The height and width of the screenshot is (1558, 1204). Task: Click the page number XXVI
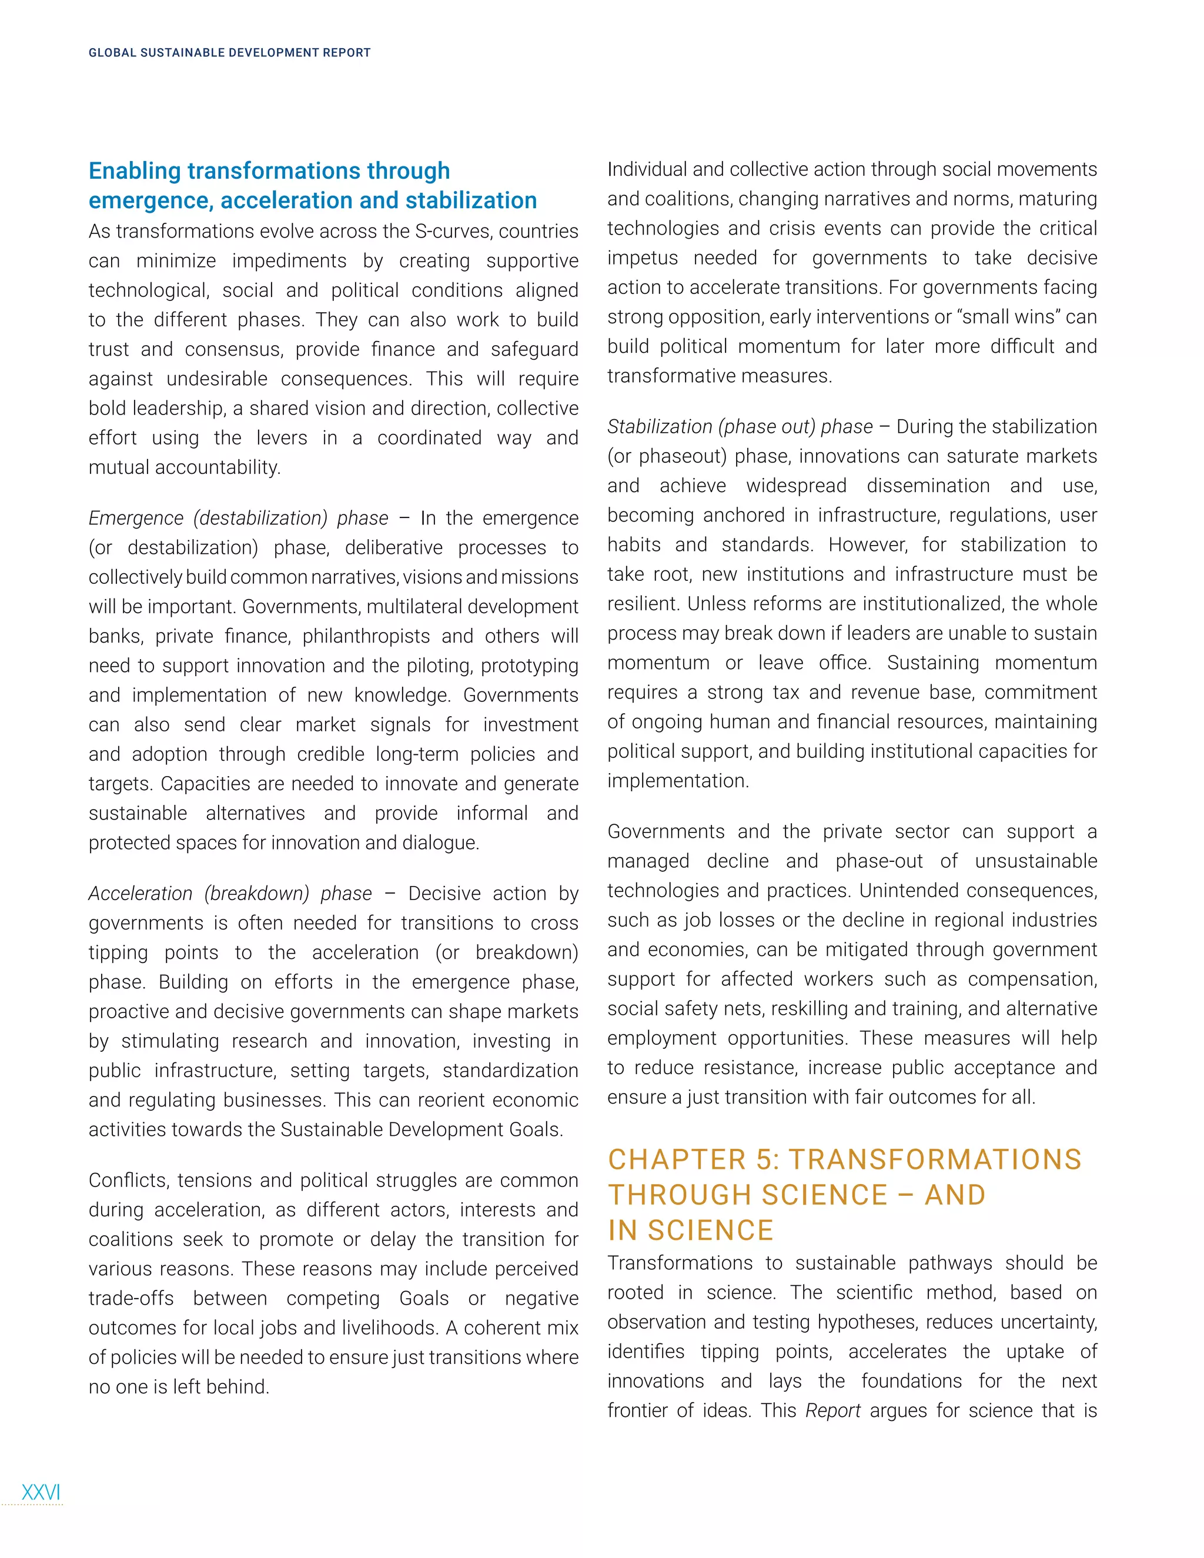[x=41, y=1492]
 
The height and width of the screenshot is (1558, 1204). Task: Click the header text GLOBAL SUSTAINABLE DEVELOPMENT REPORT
[x=229, y=53]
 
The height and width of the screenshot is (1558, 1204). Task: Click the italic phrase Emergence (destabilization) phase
[x=238, y=518]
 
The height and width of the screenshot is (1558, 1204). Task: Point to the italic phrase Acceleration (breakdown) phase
[x=230, y=894]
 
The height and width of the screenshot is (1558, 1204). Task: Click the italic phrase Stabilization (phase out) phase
[x=740, y=427]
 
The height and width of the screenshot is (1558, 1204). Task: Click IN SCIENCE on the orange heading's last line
[x=690, y=1231]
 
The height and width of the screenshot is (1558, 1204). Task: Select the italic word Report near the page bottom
[x=832, y=1411]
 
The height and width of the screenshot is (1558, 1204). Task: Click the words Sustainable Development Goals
[x=420, y=1130]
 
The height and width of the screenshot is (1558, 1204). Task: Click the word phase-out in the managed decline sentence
[x=879, y=861]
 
